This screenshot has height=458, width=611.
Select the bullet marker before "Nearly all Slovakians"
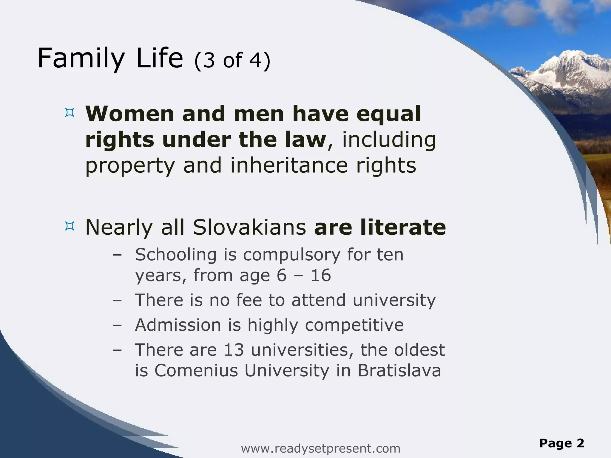point(69,226)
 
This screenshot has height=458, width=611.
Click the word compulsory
point(291,255)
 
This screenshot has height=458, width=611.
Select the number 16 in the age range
point(321,275)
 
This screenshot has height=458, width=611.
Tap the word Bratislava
point(399,371)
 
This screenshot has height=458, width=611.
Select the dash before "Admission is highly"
point(118,325)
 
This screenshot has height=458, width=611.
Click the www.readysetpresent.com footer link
point(320,448)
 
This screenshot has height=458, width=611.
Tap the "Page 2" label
point(561,443)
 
